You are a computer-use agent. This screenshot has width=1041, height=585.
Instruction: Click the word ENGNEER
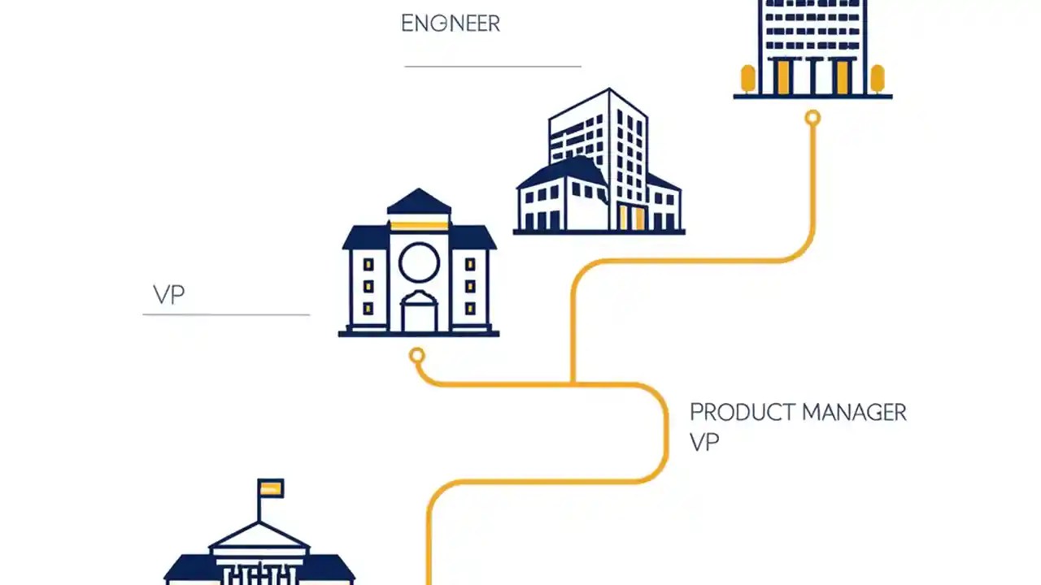coord(450,24)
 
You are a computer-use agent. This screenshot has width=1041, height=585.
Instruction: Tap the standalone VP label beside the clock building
coord(169,295)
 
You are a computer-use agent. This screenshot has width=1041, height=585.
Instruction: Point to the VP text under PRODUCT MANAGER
coord(704,442)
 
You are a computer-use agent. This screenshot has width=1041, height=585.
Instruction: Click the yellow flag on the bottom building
coord(271,488)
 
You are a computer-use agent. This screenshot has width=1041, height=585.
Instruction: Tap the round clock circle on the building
coord(419,262)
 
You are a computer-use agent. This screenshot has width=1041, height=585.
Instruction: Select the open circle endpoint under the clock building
coord(417,355)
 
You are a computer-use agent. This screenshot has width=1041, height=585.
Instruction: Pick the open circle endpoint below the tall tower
coord(812,119)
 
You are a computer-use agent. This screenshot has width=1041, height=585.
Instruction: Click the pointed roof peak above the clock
coord(418,199)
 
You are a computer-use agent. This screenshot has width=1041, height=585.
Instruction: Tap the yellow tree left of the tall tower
coord(747,79)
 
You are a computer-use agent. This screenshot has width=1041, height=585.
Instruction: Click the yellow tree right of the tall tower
coord(877,79)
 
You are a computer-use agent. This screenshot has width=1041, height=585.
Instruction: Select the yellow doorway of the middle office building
coord(631,218)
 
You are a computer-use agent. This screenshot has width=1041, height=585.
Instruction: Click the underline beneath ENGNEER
coord(493,66)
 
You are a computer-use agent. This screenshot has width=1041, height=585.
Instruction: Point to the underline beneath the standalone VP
coord(226,314)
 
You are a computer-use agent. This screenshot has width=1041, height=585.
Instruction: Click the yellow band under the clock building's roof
coord(418,225)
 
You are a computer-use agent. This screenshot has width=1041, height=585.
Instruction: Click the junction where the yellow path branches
coord(573,382)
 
